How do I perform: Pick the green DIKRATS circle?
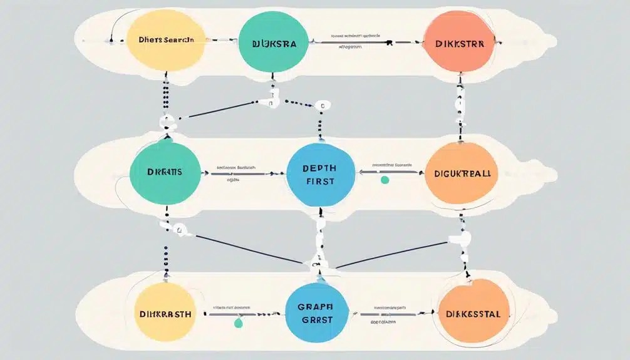tap(165, 172)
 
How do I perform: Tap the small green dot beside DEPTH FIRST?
tap(385, 180)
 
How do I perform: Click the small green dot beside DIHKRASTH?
tap(237, 324)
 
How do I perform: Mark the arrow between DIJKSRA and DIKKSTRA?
tap(351, 43)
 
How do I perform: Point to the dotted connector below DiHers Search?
tap(165, 94)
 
